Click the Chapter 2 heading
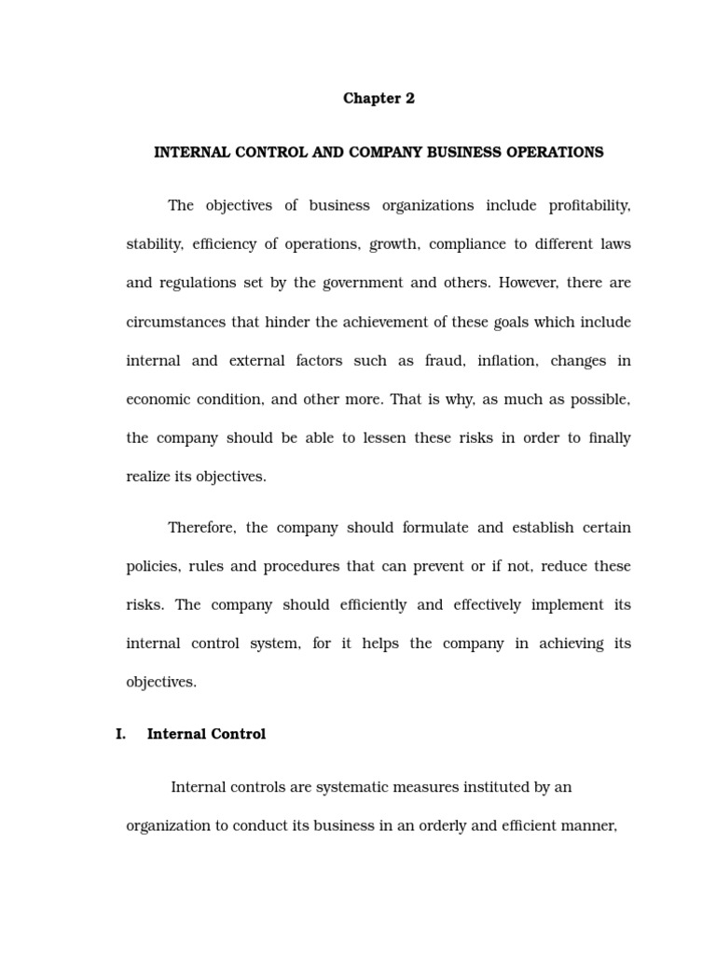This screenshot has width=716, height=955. (379, 99)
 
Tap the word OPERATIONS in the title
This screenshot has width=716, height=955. (554, 152)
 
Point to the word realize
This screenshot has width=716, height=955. (148, 477)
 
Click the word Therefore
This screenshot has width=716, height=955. (201, 528)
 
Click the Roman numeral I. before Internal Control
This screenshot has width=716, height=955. (121, 734)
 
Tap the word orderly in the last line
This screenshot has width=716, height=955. (453, 825)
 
